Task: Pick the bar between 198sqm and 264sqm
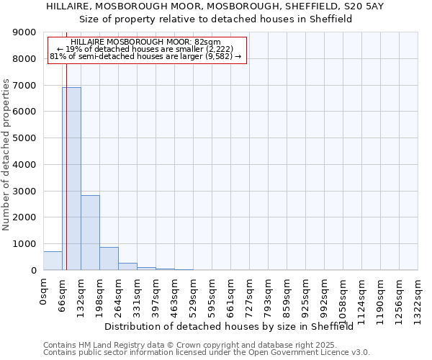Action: click(x=109, y=258)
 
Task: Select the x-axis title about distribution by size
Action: click(x=233, y=327)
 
